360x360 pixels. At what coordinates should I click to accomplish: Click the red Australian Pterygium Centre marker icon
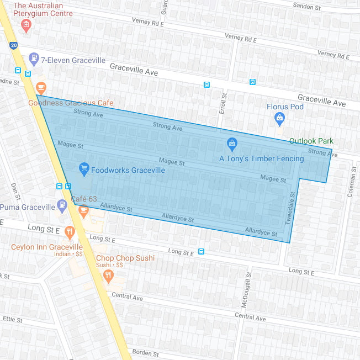click(25, 25)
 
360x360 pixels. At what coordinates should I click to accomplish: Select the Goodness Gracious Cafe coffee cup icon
click(41, 88)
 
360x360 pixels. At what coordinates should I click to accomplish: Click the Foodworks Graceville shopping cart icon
click(84, 169)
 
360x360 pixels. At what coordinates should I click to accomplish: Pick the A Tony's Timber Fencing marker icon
click(232, 145)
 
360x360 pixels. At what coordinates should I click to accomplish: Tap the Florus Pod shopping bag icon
click(280, 118)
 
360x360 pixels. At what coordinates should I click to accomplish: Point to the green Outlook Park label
click(312, 141)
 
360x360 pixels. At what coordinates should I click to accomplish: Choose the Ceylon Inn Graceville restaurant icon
click(70, 232)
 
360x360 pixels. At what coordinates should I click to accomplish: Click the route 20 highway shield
click(13, 45)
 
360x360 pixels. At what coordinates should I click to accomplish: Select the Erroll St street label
click(224, 103)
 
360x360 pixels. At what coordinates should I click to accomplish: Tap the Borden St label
click(146, 353)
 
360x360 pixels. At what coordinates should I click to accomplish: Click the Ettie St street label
click(12, 320)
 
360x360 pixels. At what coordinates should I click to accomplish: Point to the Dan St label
click(15, 191)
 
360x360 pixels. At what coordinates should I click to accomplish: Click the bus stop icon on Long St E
click(202, 252)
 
